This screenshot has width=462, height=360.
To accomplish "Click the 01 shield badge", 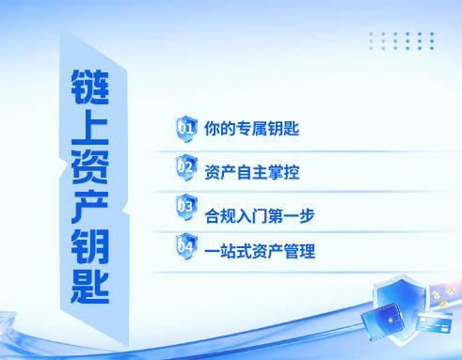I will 186,127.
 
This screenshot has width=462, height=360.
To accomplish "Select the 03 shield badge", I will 186,207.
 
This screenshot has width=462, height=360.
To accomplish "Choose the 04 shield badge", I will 186,247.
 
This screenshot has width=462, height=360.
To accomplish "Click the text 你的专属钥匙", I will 251,128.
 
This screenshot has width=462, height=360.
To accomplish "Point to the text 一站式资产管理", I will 259,252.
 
